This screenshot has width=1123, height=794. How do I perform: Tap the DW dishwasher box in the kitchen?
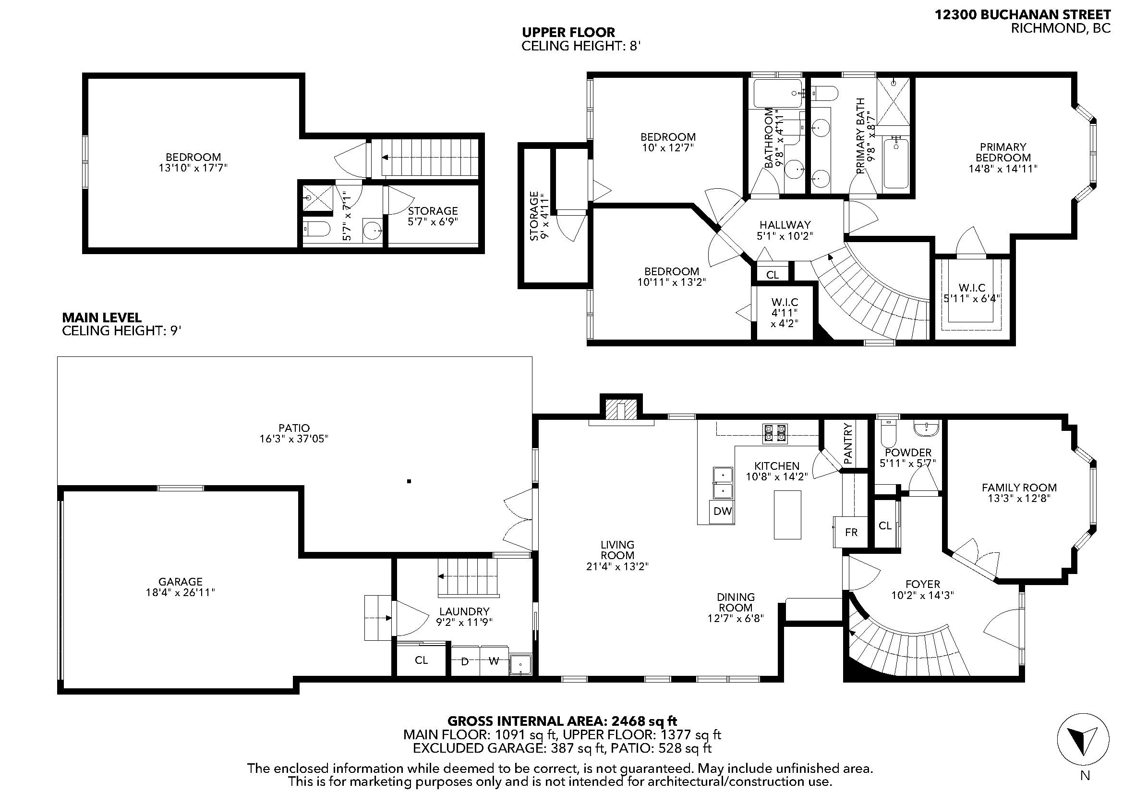pos(723,512)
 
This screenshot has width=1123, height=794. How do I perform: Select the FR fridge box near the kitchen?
pos(851,532)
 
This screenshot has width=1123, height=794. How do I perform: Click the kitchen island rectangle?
pos(787,514)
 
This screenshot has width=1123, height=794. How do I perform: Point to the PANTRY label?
pos(848,443)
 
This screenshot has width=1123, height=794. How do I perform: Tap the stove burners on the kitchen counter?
pos(775,433)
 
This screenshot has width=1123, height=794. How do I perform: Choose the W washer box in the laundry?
pos(494,661)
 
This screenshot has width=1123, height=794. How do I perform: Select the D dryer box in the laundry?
pos(465,661)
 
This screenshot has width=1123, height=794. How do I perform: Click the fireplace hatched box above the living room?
pos(621,410)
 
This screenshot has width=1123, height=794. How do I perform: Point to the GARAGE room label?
pos(181,582)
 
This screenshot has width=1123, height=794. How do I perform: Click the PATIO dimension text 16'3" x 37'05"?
pos(294,439)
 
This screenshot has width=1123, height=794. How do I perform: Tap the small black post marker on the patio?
pos(409,481)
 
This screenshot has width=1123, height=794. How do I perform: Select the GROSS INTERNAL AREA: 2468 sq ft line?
pos(563,721)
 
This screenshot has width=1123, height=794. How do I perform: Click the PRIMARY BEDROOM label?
pos(1002,152)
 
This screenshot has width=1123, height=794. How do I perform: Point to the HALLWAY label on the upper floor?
pos(785,224)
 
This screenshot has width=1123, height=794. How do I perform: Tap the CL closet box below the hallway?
pos(773,275)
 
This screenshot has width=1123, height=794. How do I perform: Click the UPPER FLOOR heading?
pos(568,33)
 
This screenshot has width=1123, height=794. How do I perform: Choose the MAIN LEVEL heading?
pos(102,318)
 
